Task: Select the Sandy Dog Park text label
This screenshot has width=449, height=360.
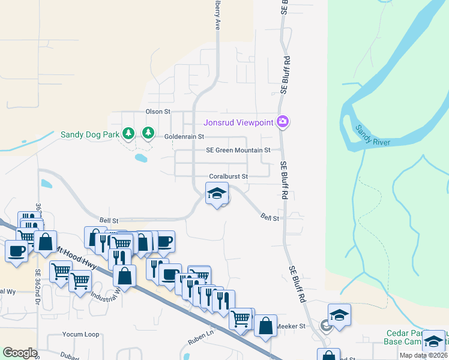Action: pyautogui.click(x=90, y=134)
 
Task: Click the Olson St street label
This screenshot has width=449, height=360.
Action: pyautogui.click(x=158, y=112)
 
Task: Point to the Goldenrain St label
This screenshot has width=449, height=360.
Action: pyautogui.click(x=184, y=137)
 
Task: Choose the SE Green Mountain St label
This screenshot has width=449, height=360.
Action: pyautogui.click(x=238, y=150)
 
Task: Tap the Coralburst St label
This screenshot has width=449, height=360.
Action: pyautogui.click(x=229, y=176)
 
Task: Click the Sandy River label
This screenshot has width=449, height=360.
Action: pyautogui.click(x=372, y=136)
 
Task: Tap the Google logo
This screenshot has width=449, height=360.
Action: pyautogui.click(x=19, y=353)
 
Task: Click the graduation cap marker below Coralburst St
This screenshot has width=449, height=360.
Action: pyautogui.click(x=217, y=193)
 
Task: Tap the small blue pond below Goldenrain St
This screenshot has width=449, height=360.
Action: pyautogui.click(x=140, y=158)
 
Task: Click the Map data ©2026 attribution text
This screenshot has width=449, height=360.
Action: pyautogui.click(x=424, y=355)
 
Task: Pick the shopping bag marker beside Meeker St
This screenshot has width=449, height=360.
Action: pyautogui.click(x=265, y=326)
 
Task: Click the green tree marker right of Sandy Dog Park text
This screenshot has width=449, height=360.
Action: pyautogui.click(x=148, y=133)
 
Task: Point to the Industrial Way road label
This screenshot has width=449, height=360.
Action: pyautogui.click(x=103, y=294)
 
